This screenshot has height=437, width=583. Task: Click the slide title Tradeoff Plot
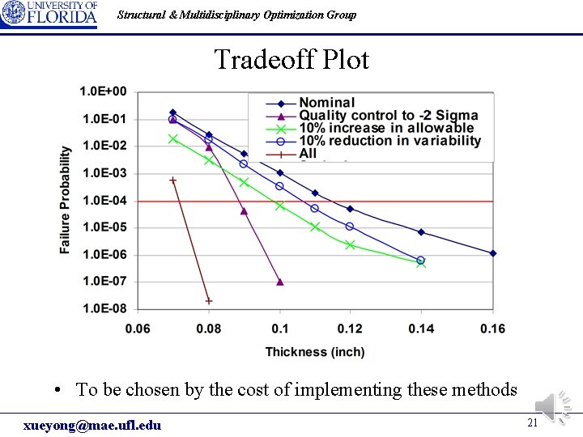pos(291,60)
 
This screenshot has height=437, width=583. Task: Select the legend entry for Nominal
pos(326,103)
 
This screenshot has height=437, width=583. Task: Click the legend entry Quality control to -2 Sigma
pos(388,116)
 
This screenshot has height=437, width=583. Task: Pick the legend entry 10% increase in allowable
pos(385,128)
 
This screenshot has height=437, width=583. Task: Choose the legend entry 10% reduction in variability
pos(389,141)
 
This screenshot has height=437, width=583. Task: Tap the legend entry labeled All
pos(308,154)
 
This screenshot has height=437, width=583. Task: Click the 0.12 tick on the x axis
pos(351,329)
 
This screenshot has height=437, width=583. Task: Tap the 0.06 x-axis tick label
pos(138,329)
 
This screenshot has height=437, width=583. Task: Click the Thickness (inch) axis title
pos(315,352)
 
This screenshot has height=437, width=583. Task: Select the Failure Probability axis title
pos(66,200)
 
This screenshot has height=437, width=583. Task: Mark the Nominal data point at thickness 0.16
pos(492,253)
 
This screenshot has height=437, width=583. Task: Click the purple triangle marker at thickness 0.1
pos(280,282)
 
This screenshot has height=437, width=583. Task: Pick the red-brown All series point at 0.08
pos(209,301)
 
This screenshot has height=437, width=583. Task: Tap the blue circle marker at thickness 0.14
pos(421,261)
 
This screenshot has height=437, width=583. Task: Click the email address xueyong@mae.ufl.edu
pos(92,426)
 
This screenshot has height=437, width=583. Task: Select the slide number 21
pos(532,422)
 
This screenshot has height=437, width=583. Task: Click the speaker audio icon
pos(553,404)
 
